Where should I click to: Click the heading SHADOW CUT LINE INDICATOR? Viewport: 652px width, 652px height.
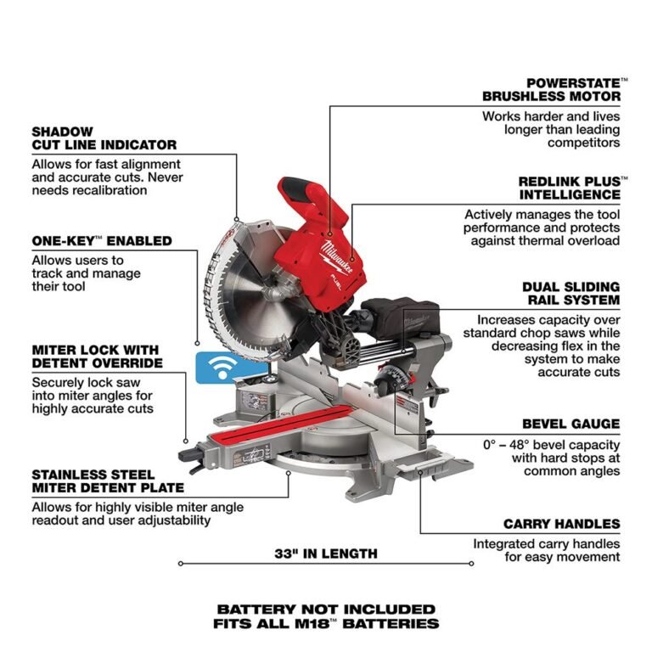coord(104,138)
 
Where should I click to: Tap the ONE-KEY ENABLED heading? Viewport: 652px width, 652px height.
coord(101,241)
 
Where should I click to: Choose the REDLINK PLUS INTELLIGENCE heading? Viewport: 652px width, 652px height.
coord(569,188)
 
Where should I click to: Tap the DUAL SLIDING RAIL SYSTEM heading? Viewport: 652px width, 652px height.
coord(570,294)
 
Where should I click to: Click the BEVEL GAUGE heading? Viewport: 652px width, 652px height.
coord(570,424)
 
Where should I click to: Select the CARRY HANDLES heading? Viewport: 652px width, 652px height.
coord(561,524)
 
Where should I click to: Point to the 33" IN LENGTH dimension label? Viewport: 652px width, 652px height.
coord(326,554)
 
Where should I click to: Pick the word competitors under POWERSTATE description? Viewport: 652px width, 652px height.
coord(582,143)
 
